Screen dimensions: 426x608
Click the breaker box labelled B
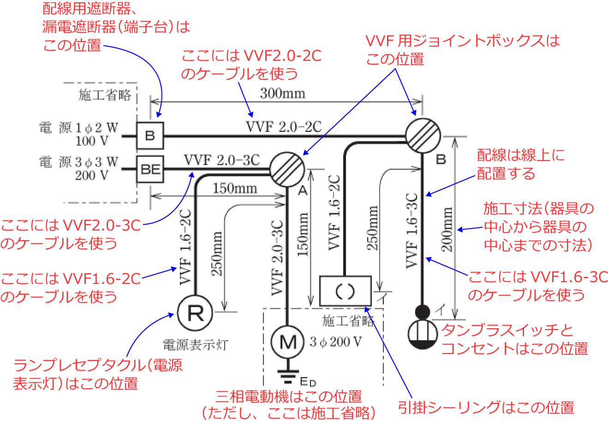pyautogui.click(x=150, y=136)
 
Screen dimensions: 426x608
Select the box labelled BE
pyautogui.click(x=150, y=169)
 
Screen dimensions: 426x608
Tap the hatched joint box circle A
pyautogui.click(x=286, y=169)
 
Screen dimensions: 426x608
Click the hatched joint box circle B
pyautogui.click(x=423, y=136)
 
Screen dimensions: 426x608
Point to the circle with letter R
pyautogui.click(x=195, y=313)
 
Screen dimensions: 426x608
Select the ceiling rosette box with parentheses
pyautogui.click(x=346, y=290)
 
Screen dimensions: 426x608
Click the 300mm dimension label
pyautogui.click(x=282, y=94)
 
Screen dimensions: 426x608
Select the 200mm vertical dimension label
pyautogui.click(x=447, y=229)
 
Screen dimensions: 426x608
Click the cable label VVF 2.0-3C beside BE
pyautogui.click(x=221, y=160)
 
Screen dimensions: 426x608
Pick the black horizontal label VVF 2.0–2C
pyautogui.click(x=283, y=127)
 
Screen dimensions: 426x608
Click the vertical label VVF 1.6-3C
pyautogui.click(x=411, y=231)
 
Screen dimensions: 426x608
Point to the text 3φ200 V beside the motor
pyautogui.click(x=335, y=342)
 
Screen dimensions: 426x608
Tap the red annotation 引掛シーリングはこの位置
pyautogui.click(x=486, y=408)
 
